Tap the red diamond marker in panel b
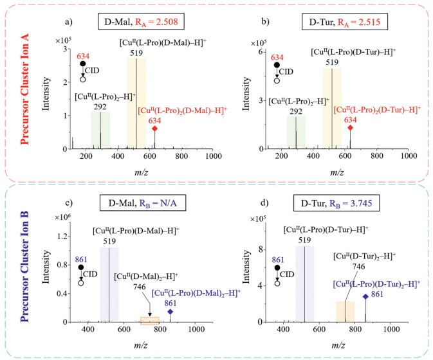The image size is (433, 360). click(351, 128)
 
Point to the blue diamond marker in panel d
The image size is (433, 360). click(365, 296)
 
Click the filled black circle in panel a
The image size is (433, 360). click(82, 64)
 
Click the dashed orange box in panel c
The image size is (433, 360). click(149, 319)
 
